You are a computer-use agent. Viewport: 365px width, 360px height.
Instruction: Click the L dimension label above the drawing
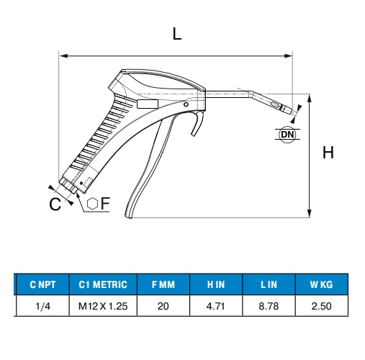pos(177,34)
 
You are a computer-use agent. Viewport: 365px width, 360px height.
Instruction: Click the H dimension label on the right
pos(328,153)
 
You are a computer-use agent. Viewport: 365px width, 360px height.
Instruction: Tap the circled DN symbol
pos(287,135)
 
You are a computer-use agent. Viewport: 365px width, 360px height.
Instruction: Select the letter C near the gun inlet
pos(55,204)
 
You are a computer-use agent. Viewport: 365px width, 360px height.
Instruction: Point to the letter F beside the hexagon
pos(105,203)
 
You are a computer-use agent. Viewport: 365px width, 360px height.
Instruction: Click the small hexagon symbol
pos(92,204)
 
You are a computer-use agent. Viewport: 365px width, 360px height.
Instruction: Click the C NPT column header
pos(42,284)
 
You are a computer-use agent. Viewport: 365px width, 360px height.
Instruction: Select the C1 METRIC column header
pos(103,284)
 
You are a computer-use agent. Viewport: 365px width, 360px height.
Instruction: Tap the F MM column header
pos(163,284)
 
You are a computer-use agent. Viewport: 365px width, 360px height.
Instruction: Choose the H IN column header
pos(216,284)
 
